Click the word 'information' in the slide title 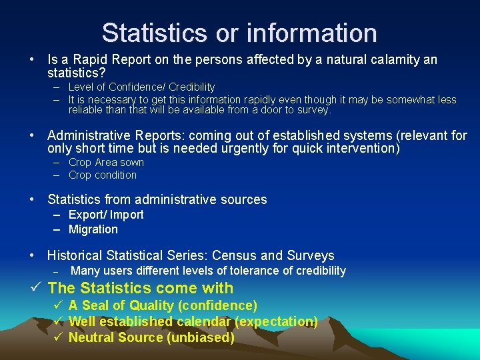tap(312, 32)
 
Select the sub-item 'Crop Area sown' tap(106, 162)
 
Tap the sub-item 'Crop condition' tap(103, 175)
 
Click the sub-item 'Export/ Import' tap(106, 214)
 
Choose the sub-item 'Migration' tap(93, 229)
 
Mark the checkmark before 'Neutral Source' tap(58, 337)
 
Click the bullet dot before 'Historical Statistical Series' tap(33, 255)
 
